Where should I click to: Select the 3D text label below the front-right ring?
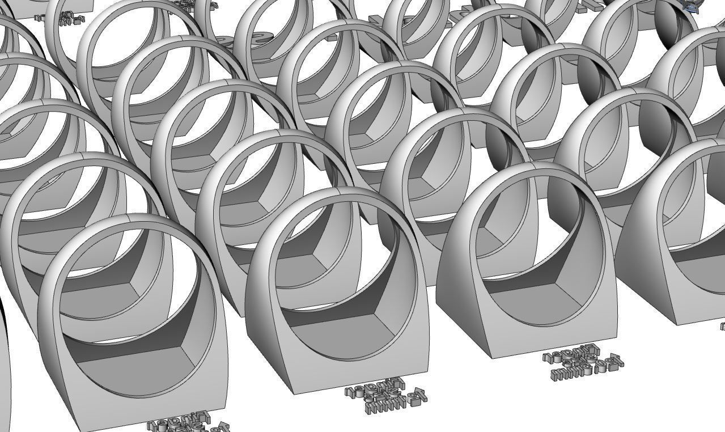click(x=583, y=362)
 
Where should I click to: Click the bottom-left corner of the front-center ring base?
click(x=294, y=393)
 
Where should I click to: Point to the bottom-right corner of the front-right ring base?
click(x=617, y=335)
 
